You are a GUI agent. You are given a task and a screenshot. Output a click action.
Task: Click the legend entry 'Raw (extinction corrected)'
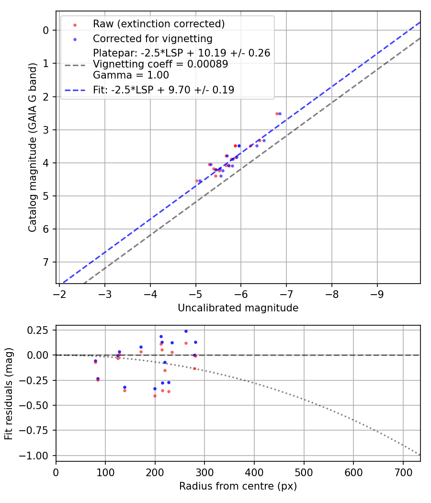tap(159, 24)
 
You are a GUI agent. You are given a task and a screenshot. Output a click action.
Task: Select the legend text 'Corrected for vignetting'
tap(153, 38)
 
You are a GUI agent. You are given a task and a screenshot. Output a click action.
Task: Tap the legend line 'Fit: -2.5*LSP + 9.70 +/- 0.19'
tap(164, 90)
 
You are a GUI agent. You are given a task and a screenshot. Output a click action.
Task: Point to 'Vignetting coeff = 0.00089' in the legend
tap(160, 64)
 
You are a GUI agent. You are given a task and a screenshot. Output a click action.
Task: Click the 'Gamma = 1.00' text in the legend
tap(131, 75)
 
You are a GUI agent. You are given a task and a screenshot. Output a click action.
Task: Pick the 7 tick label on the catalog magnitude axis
tap(46, 262)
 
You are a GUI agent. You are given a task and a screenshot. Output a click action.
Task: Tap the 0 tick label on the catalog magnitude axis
tap(46, 30)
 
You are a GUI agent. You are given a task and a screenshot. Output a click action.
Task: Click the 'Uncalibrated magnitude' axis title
tap(238, 308)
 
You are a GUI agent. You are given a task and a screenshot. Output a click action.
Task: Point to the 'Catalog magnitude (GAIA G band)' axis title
tap(33, 157)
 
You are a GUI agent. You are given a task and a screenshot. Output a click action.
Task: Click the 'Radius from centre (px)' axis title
tap(238, 486)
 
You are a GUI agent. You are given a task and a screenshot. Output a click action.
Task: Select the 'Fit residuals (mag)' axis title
tap(9, 394)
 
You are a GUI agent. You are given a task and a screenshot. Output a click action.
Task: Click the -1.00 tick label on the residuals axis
tap(37, 455)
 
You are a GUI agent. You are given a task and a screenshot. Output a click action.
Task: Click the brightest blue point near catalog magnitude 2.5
tap(280, 114)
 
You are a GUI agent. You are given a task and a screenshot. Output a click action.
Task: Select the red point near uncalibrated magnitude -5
tap(196, 181)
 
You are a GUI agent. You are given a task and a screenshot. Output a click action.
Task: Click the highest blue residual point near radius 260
tap(186, 331)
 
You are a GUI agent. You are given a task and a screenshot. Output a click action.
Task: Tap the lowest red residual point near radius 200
tap(155, 396)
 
